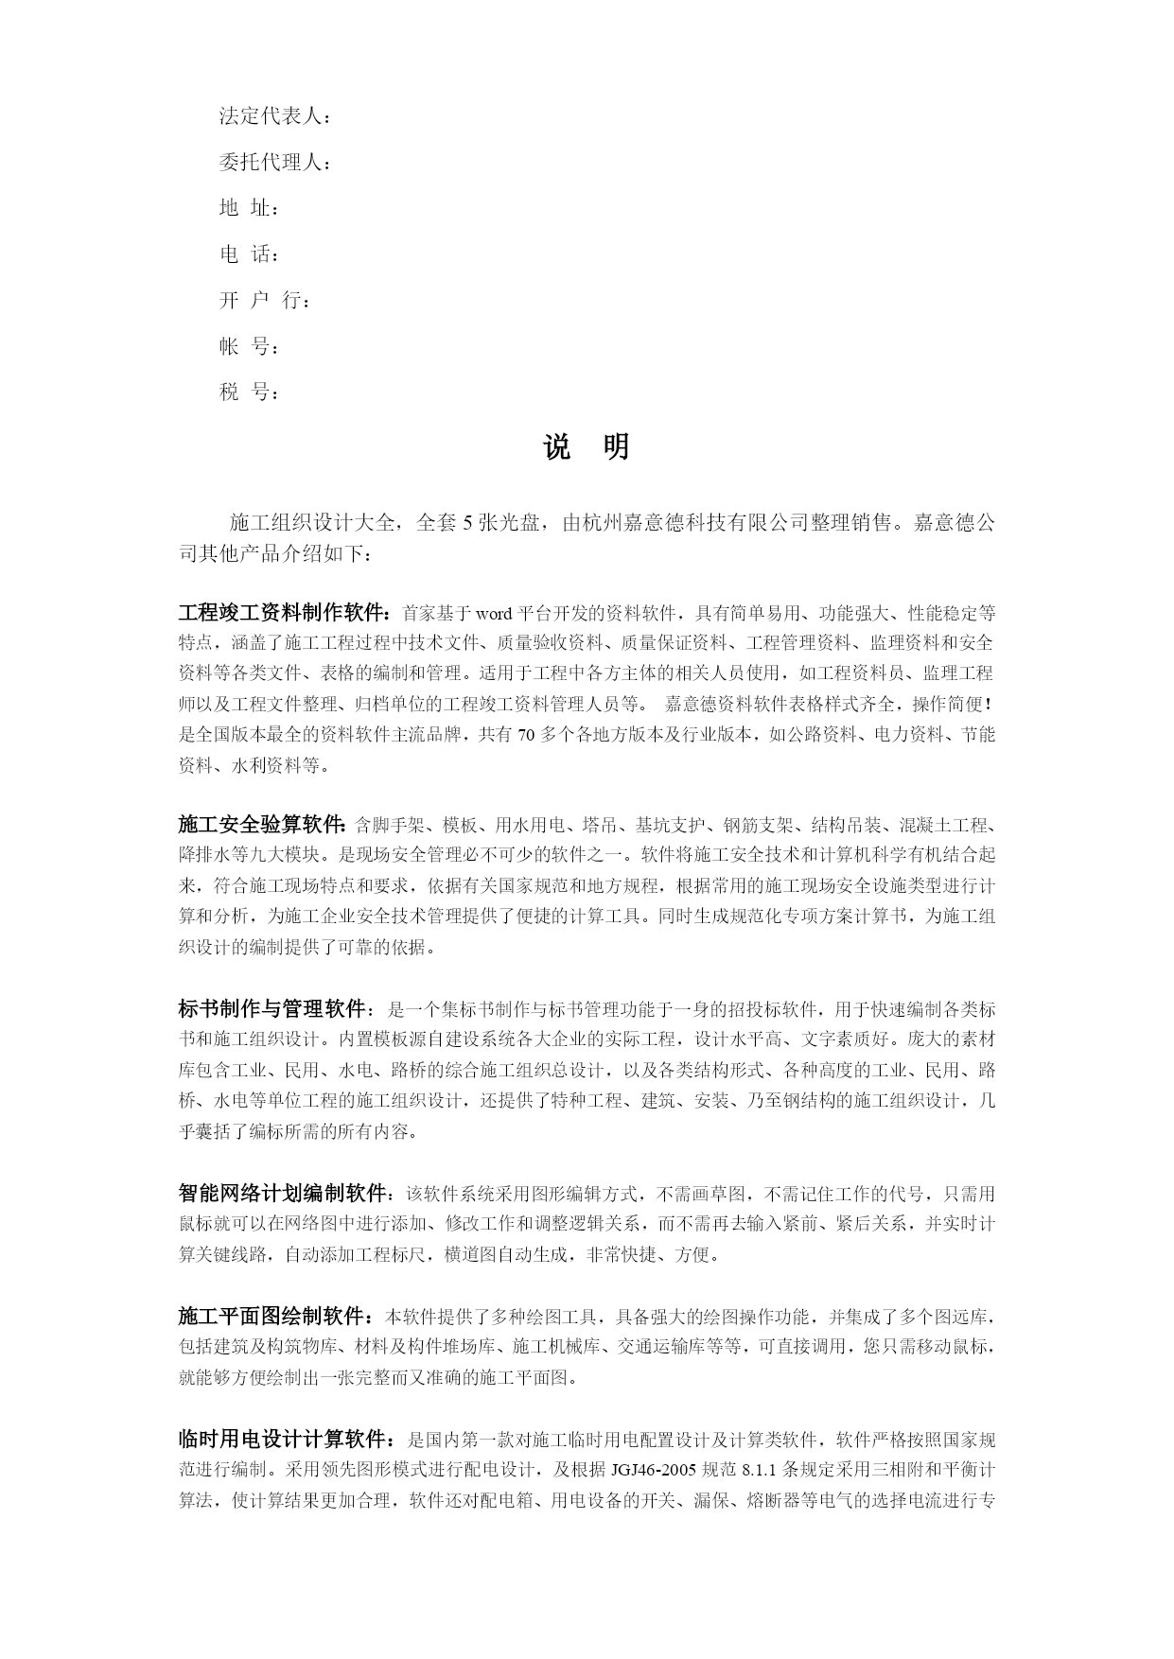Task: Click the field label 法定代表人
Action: tap(272, 117)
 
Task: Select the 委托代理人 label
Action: tap(272, 163)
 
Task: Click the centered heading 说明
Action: tap(587, 447)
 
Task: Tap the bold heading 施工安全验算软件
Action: tap(261, 824)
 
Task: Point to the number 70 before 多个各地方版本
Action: tap(527, 735)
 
